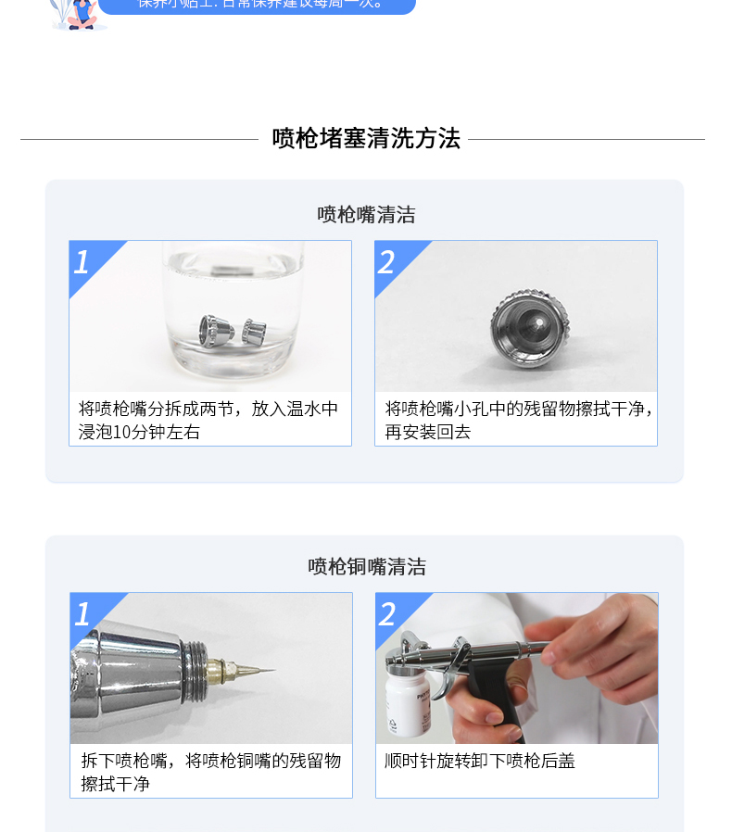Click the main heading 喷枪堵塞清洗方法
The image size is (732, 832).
pos(366,139)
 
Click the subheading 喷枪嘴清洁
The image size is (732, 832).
pos(366,215)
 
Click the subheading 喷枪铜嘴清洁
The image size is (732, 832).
pos(367,567)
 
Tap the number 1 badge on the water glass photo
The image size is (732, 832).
pos(82,262)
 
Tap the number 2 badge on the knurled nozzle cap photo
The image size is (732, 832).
pos(387,262)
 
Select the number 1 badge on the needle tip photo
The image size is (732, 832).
pos(83,614)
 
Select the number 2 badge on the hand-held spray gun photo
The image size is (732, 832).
pos(388,614)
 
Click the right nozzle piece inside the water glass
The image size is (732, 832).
pos(253,331)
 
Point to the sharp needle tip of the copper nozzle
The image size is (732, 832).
pos(269,671)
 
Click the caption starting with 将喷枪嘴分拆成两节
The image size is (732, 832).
pos(208,409)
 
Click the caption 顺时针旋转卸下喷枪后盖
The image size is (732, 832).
pos(480,761)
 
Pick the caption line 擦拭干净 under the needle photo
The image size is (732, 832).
pos(115,784)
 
